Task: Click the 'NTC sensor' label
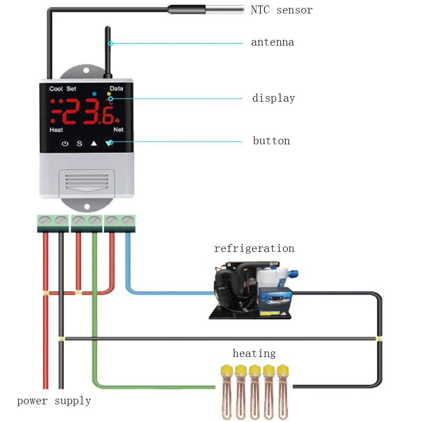(281, 10)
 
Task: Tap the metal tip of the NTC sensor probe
(225, 8)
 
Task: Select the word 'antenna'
(272, 42)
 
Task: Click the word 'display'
(273, 98)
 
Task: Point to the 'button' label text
(271, 141)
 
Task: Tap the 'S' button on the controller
(79, 143)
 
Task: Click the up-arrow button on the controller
(94, 143)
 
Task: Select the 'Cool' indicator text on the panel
(56, 89)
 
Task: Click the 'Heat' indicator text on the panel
(56, 130)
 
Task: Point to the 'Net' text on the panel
(118, 130)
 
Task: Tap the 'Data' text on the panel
(116, 89)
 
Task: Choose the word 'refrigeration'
(254, 248)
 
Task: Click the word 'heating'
(254, 353)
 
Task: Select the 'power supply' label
(54, 400)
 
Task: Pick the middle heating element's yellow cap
(254, 370)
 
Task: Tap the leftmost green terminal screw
(45, 220)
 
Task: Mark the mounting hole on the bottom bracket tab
(87, 207)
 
